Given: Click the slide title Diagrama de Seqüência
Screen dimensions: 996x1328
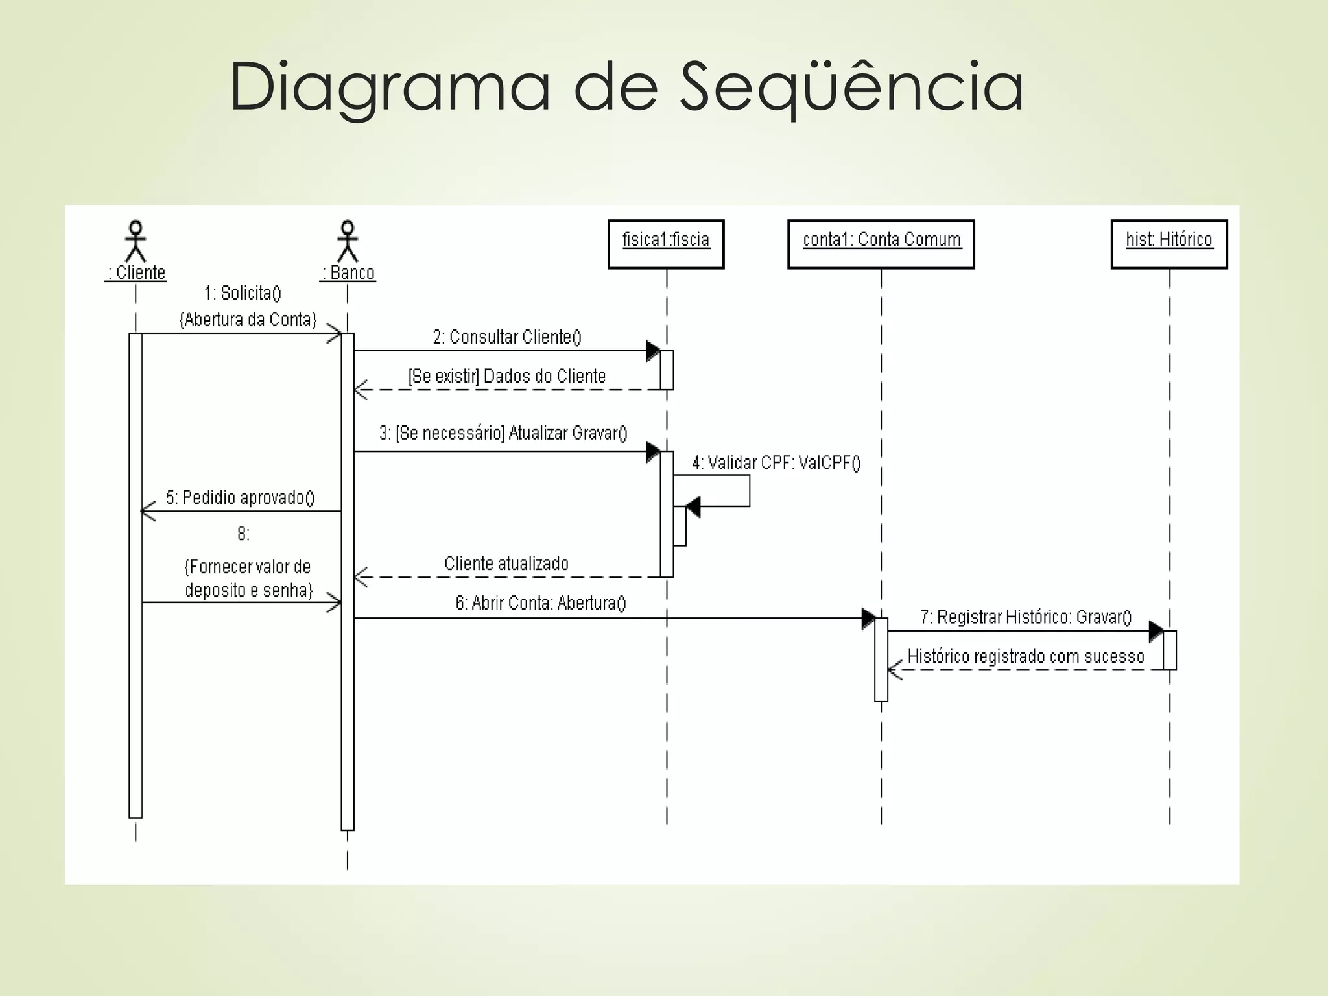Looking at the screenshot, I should pos(626,87).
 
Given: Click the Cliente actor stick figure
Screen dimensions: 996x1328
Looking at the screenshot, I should pos(136,241).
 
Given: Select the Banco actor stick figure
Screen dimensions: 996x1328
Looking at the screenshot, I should pos(348,241).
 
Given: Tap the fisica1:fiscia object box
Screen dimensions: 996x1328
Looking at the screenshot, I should pos(666,244).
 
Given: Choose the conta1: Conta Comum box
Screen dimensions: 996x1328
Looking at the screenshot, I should pos(881,244).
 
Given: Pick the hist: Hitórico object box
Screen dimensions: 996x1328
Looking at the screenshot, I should pos(1169,244).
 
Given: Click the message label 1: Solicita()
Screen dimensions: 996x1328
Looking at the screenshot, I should pos(243,293).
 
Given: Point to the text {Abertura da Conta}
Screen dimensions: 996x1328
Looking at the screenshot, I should pos(248,320).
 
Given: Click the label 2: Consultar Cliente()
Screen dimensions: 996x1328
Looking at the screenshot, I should pos(507,337).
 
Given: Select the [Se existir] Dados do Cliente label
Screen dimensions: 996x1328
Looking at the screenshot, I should pos(506,377).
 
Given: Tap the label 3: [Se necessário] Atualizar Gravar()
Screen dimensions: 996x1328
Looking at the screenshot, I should pos(503,433).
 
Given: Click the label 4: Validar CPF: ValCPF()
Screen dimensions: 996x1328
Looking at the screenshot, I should pos(776,463).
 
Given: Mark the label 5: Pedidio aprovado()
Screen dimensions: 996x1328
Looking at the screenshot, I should pos(240,497).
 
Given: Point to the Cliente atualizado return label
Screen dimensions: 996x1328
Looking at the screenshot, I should pos(506,563).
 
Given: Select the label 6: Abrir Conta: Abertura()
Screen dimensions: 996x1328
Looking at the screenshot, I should pos(541,603).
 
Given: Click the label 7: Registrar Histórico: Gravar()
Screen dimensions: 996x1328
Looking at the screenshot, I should pos(1026,617).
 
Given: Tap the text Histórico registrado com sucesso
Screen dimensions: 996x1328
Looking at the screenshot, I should pos(1026,656).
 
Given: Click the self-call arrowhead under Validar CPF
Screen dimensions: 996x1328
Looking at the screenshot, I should pos(693,506).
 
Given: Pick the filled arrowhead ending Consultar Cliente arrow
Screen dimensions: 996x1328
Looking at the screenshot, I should pos(653,351).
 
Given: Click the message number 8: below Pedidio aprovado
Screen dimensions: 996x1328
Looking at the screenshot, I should pos(243,534).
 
